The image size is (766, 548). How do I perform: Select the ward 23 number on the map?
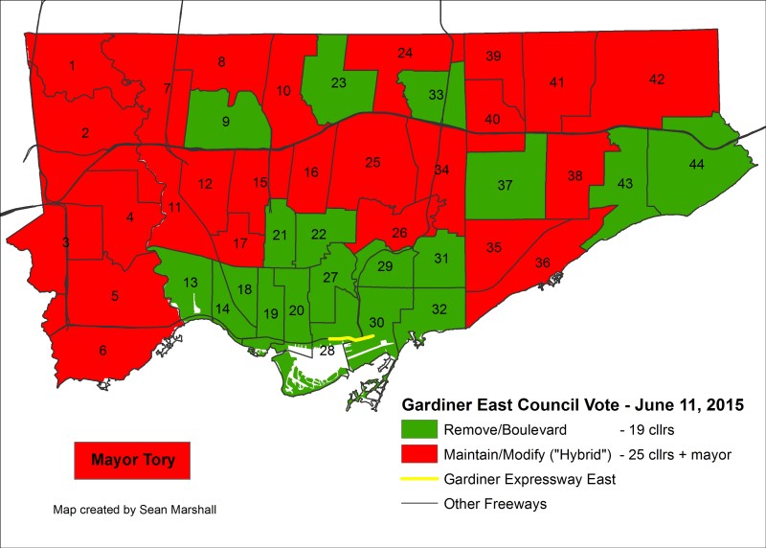pos(338,82)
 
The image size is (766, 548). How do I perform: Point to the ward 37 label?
pos(505,185)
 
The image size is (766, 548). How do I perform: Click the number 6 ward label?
pos(102,351)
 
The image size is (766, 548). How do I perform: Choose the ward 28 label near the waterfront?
pos(327,352)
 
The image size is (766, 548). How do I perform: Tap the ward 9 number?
pos(225,122)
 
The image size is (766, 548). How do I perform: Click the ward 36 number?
pos(542,263)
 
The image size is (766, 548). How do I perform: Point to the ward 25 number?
pos(373,162)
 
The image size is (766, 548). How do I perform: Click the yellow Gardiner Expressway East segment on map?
pos(350,338)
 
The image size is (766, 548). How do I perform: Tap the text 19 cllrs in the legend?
pos(652,429)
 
